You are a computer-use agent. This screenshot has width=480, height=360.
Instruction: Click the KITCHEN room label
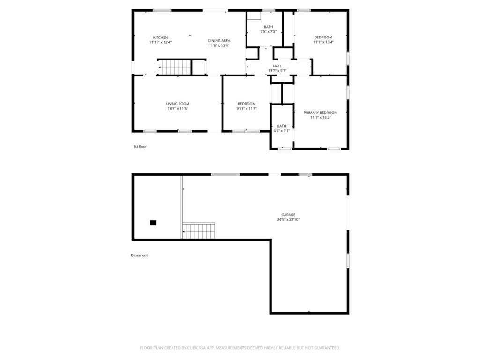point(160,37)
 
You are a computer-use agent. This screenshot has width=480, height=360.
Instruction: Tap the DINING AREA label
point(219,41)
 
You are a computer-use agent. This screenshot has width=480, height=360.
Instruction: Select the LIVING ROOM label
point(178,104)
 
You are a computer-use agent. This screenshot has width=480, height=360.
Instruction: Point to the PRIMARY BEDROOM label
point(321,112)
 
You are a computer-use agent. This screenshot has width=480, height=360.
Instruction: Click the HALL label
point(277,66)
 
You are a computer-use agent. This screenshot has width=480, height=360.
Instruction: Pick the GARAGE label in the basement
point(288,215)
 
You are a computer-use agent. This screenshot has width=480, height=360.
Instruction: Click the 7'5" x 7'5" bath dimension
point(269,31)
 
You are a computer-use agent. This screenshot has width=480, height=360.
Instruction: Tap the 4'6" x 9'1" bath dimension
point(282,131)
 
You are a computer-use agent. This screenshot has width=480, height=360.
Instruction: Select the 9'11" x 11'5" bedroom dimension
point(247,108)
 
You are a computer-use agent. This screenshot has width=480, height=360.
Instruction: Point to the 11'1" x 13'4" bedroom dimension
point(323,42)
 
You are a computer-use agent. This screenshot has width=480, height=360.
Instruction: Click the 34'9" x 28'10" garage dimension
point(288,219)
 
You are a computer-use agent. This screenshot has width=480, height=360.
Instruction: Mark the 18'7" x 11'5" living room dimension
point(178,108)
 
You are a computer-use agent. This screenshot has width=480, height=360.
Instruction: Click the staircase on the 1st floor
point(175,67)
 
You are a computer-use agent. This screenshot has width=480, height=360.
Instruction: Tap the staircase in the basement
point(199,231)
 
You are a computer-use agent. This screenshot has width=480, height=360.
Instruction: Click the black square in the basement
point(153,223)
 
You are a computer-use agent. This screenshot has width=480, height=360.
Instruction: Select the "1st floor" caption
point(140,147)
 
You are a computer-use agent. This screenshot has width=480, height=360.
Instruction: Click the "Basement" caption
point(139,255)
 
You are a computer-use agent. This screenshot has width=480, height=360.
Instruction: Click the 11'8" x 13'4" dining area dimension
point(219,45)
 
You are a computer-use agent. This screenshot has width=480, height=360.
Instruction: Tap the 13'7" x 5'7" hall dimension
point(277,71)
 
